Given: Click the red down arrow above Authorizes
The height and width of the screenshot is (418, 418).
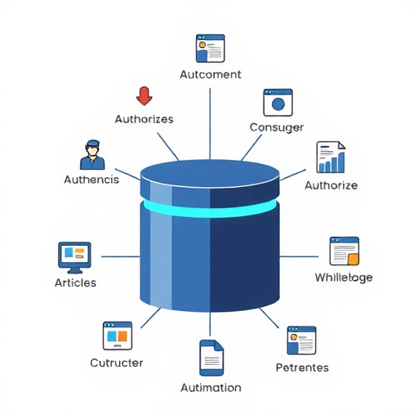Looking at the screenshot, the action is pos(145,96).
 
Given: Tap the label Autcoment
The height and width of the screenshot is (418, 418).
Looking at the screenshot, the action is pos(211,74).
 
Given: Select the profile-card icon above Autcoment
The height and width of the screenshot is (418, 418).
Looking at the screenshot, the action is pos(211,48).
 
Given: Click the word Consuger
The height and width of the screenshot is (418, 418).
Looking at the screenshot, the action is pos(277,127).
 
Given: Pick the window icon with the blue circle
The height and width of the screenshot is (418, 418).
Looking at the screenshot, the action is pos(278,103).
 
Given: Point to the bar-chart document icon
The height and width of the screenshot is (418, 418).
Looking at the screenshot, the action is pos(331,157).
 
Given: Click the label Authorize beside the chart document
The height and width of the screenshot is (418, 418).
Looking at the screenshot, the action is pos(331,185).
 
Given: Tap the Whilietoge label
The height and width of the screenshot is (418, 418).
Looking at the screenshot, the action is pos(344,278).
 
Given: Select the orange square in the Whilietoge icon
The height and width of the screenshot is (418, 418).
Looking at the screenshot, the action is pos(354,259).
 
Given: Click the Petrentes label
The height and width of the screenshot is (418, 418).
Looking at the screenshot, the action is pos(302,367).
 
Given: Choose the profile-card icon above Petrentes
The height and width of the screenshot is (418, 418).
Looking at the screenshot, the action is pos(301,340).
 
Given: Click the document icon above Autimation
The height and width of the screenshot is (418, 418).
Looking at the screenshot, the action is pos(211,358).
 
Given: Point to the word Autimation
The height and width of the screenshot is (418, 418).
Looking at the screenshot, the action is pos(211,388).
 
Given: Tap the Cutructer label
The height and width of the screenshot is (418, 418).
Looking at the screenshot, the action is pos(117,362).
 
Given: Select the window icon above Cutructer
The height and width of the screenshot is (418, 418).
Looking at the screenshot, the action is pos(118,336).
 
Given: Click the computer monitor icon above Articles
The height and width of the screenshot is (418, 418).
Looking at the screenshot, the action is pos(74,257).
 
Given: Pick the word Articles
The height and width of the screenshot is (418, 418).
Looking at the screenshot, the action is pos(75,282).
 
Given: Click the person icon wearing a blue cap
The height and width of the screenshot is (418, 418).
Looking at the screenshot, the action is pos(92,154).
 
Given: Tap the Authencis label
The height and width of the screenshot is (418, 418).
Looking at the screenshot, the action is pos(91,180).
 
